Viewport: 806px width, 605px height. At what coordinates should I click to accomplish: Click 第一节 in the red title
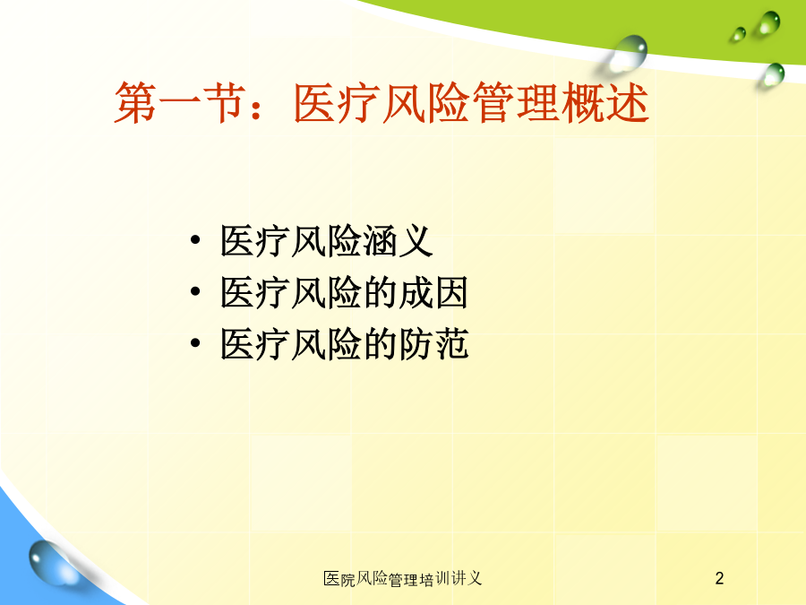coord(179,103)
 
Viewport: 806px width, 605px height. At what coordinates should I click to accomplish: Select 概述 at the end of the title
coord(604,103)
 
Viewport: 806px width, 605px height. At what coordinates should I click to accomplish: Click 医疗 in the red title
coord(338,103)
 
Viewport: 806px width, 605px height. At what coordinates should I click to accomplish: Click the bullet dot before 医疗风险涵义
coord(195,240)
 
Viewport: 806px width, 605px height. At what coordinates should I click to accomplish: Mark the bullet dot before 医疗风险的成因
coord(195,291)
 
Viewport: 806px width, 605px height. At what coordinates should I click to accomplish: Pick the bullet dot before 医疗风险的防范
coord(195,342)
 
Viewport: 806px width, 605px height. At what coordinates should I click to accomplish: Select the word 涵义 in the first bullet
coord(398,240)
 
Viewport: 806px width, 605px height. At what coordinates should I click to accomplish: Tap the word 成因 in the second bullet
coord(433,291)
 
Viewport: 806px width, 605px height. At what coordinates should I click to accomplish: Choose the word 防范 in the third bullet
coord(433,343)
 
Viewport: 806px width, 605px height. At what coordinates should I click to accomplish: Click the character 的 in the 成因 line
coord(380,291)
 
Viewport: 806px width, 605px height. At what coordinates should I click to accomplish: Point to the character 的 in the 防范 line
coord(380,343)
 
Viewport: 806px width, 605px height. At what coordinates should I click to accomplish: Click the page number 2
coord(719,578)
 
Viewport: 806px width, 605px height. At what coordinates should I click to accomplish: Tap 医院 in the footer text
coord(339,579)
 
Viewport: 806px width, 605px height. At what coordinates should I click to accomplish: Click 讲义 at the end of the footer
coord(467,579)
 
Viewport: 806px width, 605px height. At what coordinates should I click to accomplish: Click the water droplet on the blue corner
coord(50,563)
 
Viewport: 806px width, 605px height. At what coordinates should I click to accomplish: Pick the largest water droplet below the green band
coord(626,53)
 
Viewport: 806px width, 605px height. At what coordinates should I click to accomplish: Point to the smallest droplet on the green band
coord(739,34)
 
